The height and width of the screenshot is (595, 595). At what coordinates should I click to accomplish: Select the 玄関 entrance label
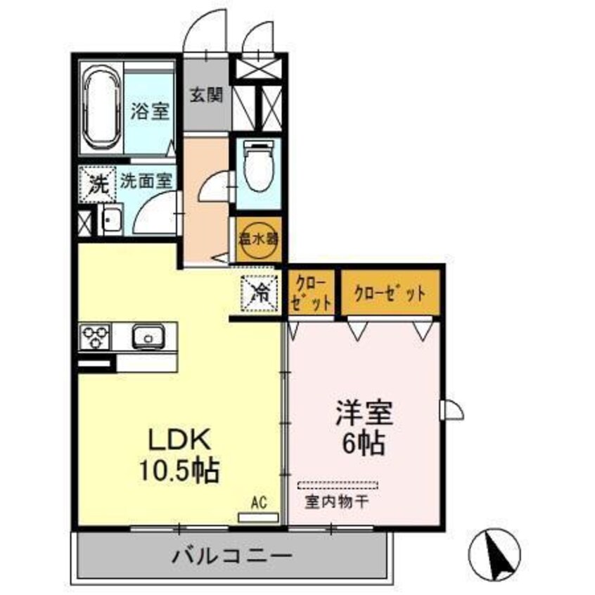point(206,93)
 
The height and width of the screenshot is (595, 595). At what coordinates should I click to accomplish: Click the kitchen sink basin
point(149,337)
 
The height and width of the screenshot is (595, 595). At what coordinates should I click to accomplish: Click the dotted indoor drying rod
point(338,485)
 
